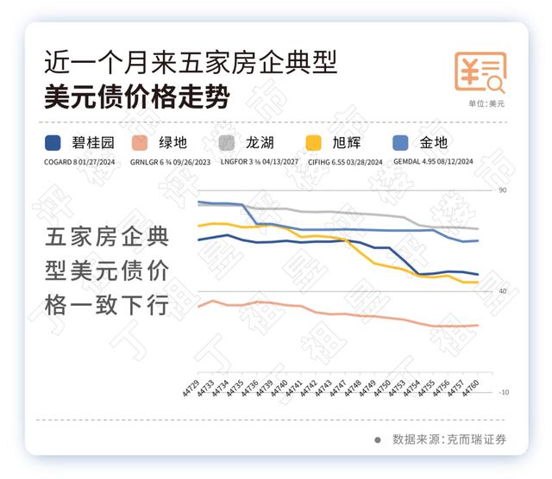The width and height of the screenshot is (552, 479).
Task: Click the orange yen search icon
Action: [480, 72]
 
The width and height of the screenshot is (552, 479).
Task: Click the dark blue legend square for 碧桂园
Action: [53, 143]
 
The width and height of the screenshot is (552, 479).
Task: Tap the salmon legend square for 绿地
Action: [140, 143]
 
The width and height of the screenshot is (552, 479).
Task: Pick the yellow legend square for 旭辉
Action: [315, 143]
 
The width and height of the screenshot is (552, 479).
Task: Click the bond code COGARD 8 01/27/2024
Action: [78, 161]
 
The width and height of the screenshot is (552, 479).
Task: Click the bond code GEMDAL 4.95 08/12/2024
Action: [434, 161]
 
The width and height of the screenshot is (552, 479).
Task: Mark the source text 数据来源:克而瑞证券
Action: [448, 439]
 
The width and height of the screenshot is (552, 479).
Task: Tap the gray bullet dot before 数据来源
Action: [377, 439]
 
